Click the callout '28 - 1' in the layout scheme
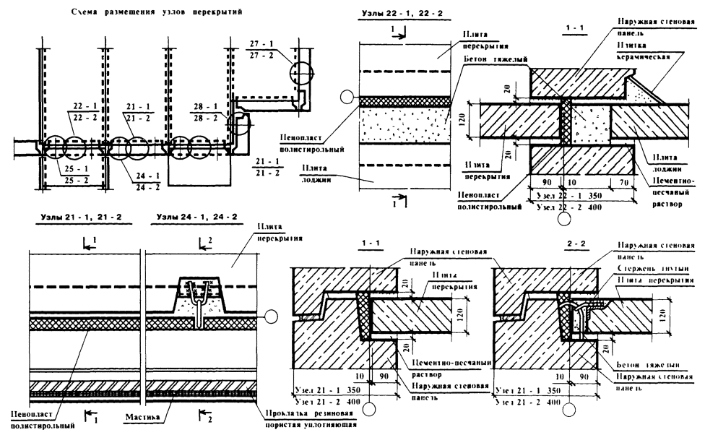(x=207, y=106)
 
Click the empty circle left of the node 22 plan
(x=347, y=98)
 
